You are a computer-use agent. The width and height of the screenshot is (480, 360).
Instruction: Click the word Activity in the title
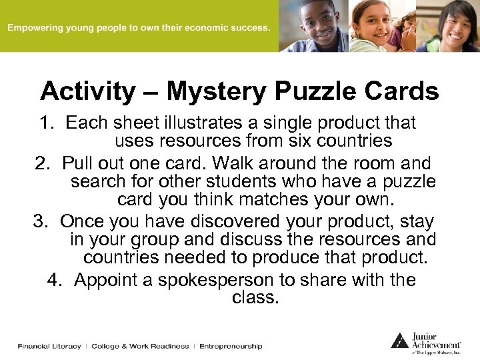tap(87, 91)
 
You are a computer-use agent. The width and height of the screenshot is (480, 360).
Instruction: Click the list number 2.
tap(43, 163)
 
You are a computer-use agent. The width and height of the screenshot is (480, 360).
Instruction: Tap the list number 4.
tap(55, 280)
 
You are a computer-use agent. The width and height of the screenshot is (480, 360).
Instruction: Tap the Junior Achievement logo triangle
tap(399, 341)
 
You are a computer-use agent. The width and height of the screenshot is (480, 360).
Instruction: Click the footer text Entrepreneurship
tap(231, 347)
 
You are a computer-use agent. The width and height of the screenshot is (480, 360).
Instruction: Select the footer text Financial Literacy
tap(49, 347)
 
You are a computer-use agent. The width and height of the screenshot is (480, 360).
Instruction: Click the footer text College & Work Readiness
tap(140, 347)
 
